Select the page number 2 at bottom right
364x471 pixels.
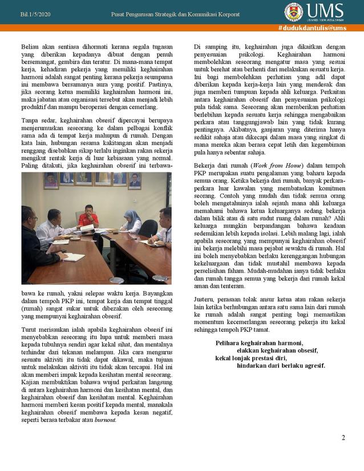point(343,438)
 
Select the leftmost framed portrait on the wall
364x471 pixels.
point(51,180)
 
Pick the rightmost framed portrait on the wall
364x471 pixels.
point(135,180)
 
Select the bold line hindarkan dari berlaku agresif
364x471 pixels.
point(281,365)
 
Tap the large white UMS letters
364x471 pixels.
point(325,10)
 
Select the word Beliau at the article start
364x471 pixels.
point(31,45)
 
